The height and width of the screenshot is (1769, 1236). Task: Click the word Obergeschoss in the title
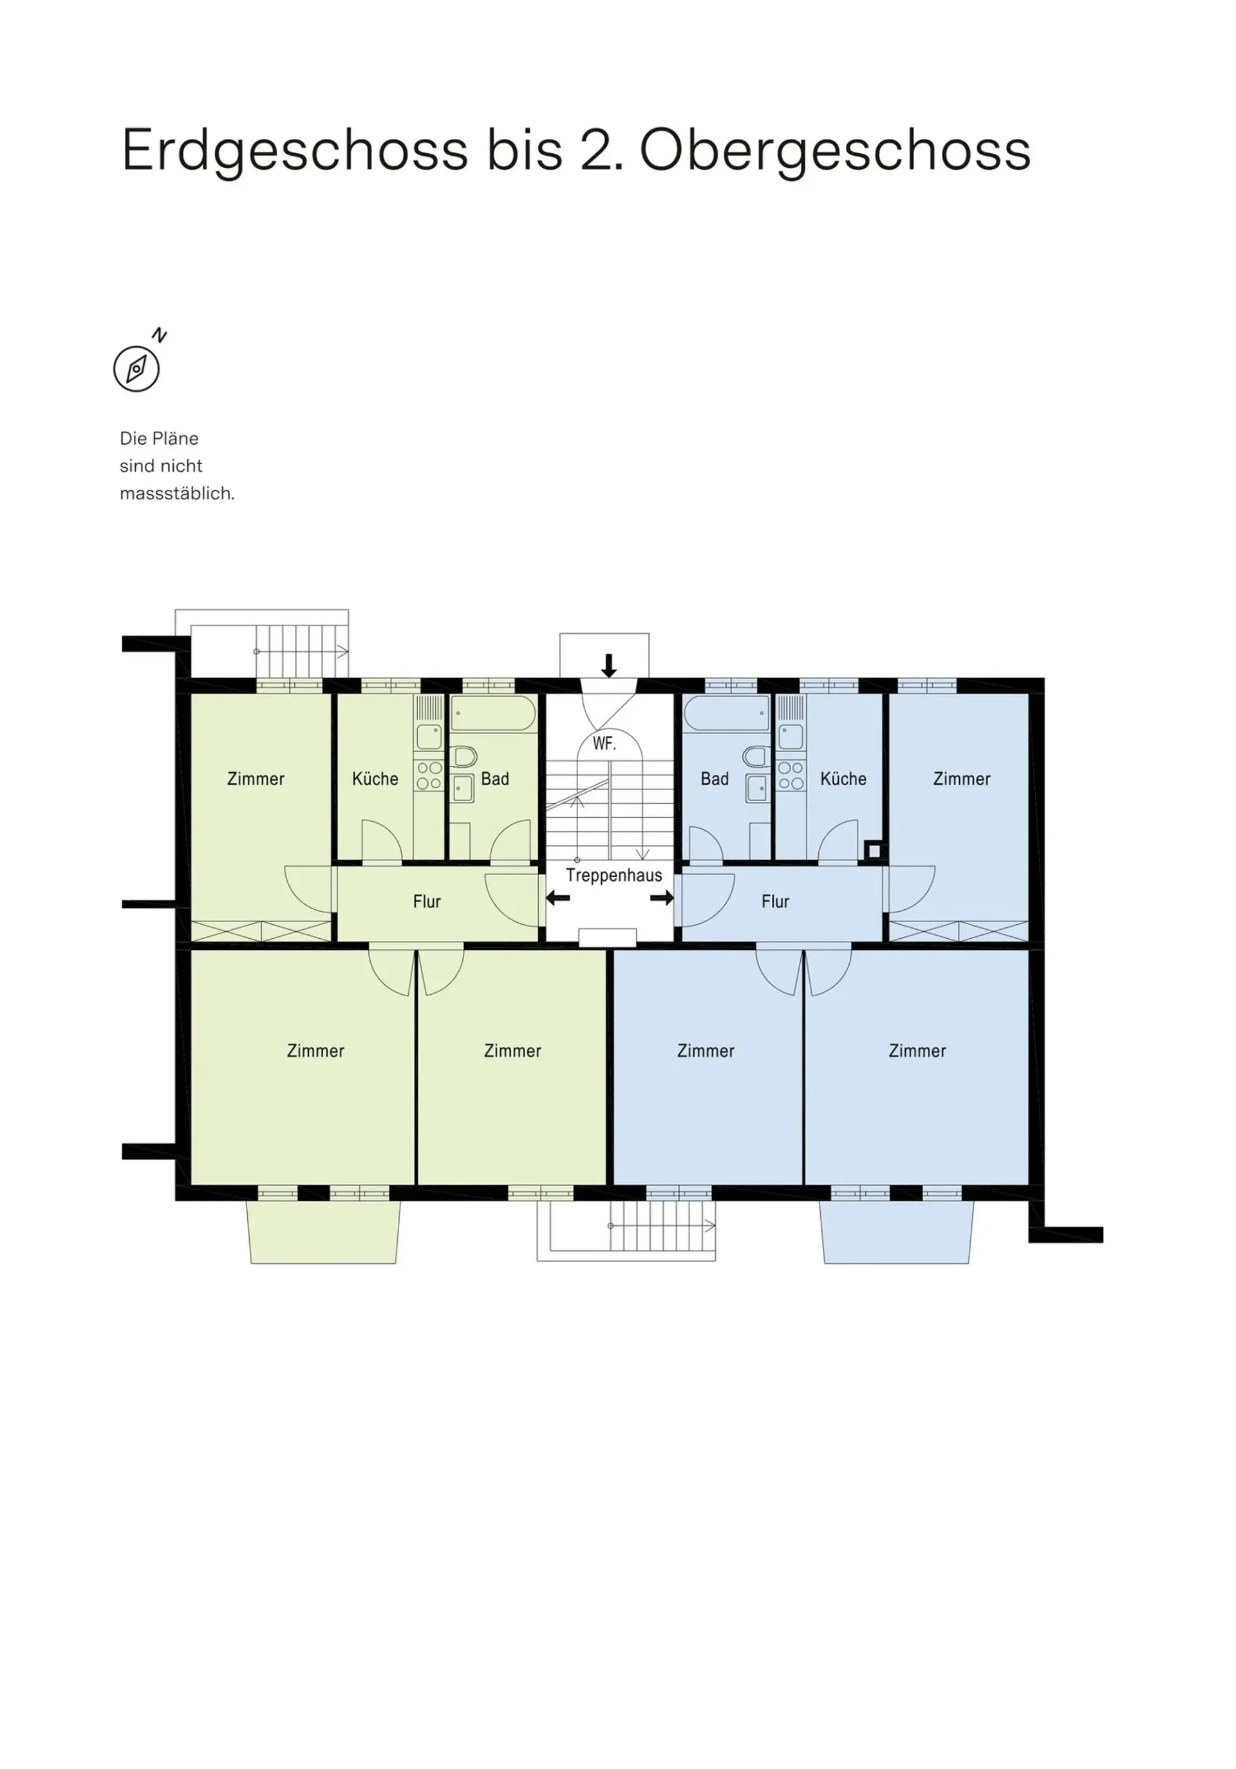[x=836, y=152]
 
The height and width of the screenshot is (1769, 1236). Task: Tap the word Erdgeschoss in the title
[x=295, y=152]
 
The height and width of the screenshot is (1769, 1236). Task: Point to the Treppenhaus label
[x=613, y=875]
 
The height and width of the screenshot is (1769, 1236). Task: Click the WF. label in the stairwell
[x=604, y=743]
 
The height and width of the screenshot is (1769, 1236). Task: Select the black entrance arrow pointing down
[x=609, y=665]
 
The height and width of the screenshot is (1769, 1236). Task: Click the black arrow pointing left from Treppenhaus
[x=558, y=898]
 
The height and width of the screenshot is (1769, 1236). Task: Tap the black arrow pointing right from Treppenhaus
[x=662, y=898]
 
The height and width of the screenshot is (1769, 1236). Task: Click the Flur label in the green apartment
[x=427, y=902]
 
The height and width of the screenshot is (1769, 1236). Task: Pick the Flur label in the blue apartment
[x=775, y=902]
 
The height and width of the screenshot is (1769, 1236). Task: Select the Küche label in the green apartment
[x=375, y=779]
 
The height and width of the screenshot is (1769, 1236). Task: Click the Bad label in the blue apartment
[x=715, y=779]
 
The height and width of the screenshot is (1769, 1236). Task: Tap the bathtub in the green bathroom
[x=493, y=714]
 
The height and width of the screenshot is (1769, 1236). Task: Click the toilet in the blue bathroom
[x=756, y=756]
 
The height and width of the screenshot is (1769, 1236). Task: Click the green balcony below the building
[x=323, y=1231]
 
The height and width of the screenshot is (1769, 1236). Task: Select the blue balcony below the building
[x=896, y=1231]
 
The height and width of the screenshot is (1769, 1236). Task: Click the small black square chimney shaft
[x=873, y=851]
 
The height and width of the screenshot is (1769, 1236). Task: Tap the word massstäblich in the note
[x=177, y=494]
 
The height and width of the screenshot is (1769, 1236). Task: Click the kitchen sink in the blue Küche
[x=791, y=737]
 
